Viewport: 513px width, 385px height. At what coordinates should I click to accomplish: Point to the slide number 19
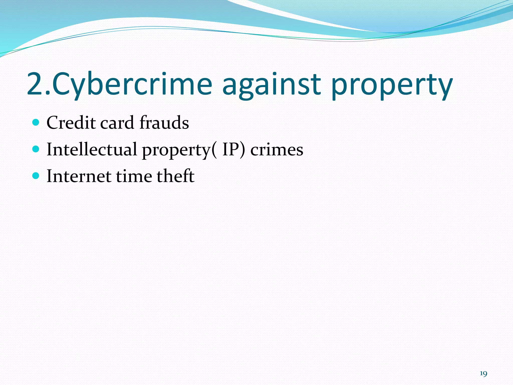tap(483, 374)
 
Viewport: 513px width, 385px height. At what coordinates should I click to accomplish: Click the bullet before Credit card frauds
tap(36, 123)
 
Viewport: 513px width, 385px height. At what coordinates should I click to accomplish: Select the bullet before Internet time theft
tap(36, 176)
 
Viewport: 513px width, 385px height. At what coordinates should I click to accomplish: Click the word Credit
tap(71, 123)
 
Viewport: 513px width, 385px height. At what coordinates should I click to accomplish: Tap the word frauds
tap(164, 123)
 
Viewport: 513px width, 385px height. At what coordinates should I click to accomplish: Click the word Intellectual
tap(92, 149)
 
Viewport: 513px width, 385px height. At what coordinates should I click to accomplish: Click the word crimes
tap(277, 150)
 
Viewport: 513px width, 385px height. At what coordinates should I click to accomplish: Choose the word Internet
tap(79, 176)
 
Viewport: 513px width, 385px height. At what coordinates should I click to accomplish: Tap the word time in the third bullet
tap(134, 176)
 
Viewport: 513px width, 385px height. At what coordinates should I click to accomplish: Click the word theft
tap(176, 176)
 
